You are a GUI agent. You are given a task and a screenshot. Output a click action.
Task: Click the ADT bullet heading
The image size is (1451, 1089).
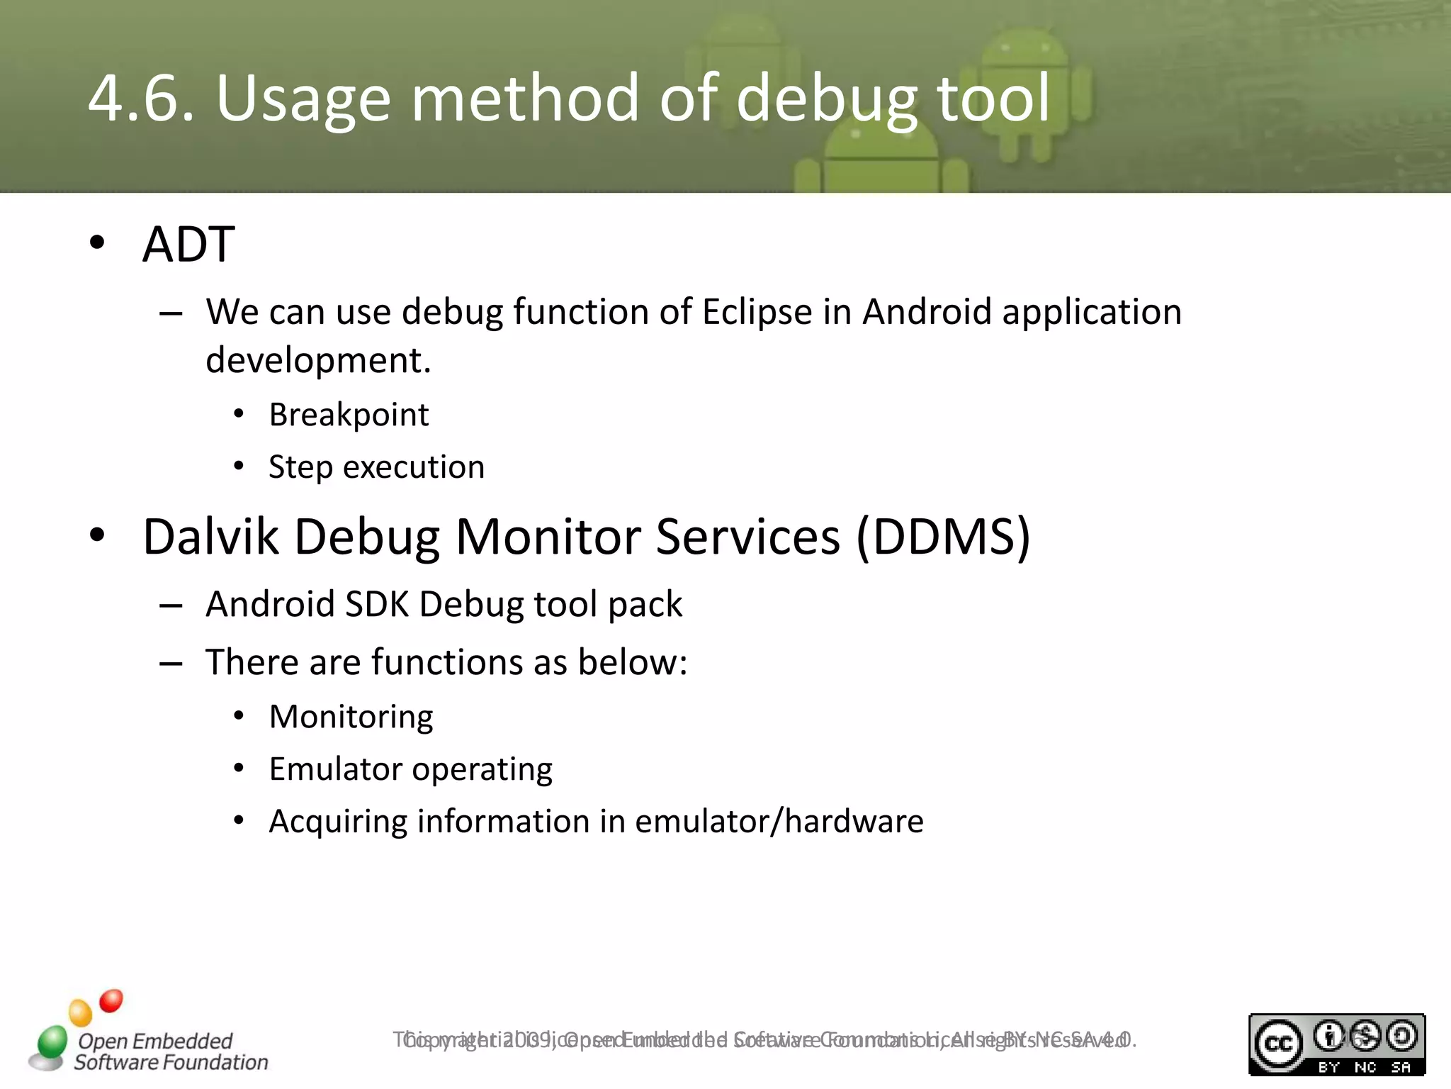click(x=188, y=245)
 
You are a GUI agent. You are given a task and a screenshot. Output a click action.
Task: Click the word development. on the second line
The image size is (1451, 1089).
click(x=318, y=361)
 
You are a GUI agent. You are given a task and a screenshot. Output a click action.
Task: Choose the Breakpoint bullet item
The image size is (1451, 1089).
click(x=349, y=415)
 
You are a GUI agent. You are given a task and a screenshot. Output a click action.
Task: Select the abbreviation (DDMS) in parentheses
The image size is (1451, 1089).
click(x=943, y=537)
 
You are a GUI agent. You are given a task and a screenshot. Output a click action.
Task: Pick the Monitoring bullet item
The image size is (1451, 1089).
click(x=351, y=717)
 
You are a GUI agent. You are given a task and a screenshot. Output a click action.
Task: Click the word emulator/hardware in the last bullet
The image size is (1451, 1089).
click(x=779, y=822)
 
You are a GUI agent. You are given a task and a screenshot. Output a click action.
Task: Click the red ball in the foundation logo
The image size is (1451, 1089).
click(x=111, y=1001)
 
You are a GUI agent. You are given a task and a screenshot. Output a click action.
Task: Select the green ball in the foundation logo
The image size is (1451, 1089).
click(x=52, y=1041)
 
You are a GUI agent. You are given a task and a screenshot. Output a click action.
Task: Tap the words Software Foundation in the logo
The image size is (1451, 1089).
click(x=171, y=1062)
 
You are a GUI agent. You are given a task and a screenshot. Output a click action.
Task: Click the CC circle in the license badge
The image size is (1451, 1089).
click(x=1278, y=1044)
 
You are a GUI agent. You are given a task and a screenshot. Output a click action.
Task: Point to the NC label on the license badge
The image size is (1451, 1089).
click(x=1365, y=1067)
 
